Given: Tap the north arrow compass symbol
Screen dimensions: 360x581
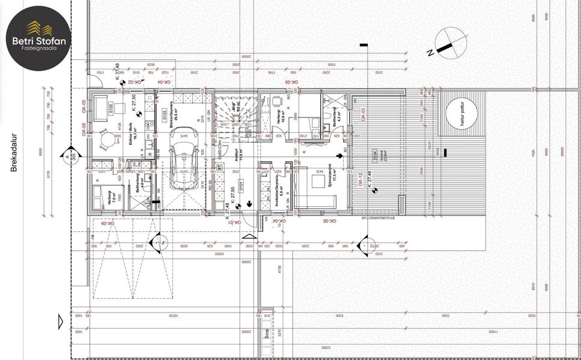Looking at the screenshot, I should pyautogui.click(x=451, y=45).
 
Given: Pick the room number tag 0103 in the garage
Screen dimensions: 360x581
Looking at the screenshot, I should pyautogui.click(x=164, y=113).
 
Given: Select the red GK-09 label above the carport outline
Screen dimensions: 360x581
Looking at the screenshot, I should pyautogui.click(x=107, y=223).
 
